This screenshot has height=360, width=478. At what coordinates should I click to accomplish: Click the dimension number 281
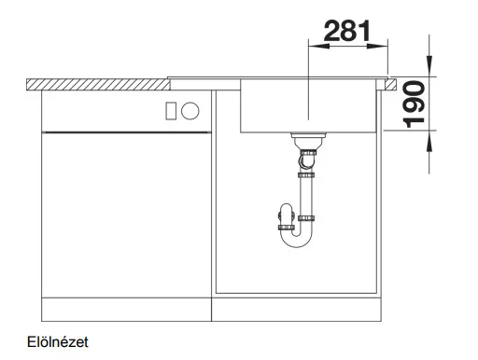point(347,31)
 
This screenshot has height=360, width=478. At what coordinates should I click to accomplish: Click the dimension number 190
point(414,104)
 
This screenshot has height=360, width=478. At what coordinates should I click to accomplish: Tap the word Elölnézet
point(58,342)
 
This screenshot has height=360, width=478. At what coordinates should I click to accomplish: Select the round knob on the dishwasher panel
point(190,111)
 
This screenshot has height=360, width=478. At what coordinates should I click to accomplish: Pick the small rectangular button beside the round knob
point(171,111)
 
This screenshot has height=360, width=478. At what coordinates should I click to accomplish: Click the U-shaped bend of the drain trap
point(296,241)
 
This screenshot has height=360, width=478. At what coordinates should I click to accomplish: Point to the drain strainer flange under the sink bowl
point(308,135)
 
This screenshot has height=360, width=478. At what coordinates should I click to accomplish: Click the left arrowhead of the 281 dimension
point(318,47)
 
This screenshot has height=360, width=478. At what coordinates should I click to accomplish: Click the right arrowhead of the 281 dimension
point(377,47)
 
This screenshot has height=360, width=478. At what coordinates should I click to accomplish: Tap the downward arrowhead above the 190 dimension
point(429,65)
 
